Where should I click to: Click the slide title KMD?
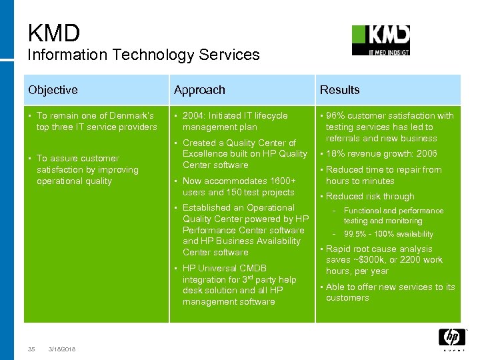(54, 32)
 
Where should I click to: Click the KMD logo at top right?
(381, 40)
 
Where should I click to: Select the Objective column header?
(53, 89)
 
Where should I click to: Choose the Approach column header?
(199, 89)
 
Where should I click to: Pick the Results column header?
(339, 89)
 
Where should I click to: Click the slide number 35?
(31, 349)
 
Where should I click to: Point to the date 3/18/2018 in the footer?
(62, 349)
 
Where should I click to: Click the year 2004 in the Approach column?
(193, 116)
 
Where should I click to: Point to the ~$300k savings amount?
(375, 260)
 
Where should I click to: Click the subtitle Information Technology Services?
(143, 55)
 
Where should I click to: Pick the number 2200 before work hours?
(409, 260)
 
